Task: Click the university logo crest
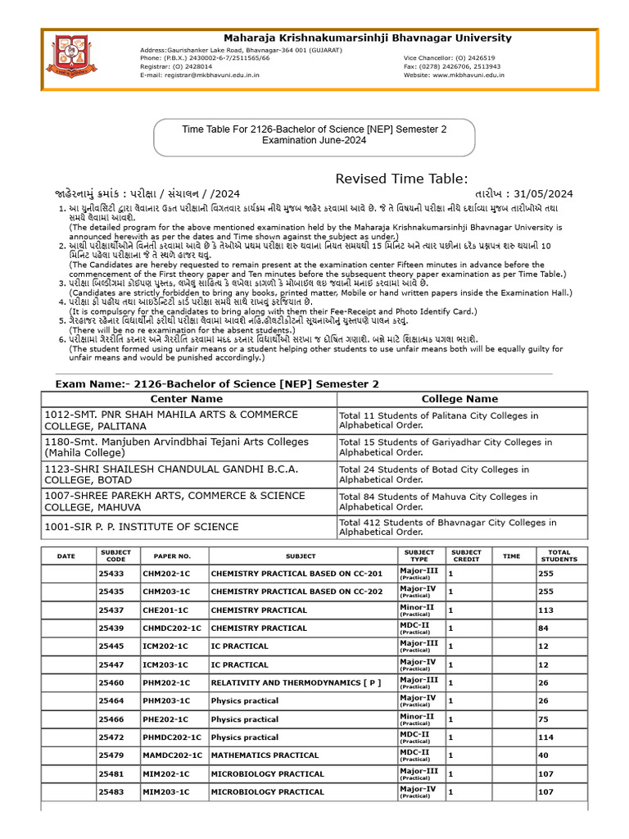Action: (x=75, y=55)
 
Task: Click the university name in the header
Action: (x=369, y=38)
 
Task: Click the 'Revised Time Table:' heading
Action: (x=401, y=179)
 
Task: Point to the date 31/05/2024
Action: (x=545, y=194)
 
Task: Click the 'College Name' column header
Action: (x=459, y=399)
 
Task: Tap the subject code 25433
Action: (x=111, y=574)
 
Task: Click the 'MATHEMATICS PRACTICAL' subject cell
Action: (x=265, y=755)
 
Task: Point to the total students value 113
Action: (x=545, y=610)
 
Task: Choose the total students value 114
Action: (x=545, y=737)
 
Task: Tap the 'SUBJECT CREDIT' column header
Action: (x=467, y=556)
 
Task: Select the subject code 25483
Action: (x=111, y=792)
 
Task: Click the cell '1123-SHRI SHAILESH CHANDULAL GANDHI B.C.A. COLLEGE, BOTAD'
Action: (x=171, y=474)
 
